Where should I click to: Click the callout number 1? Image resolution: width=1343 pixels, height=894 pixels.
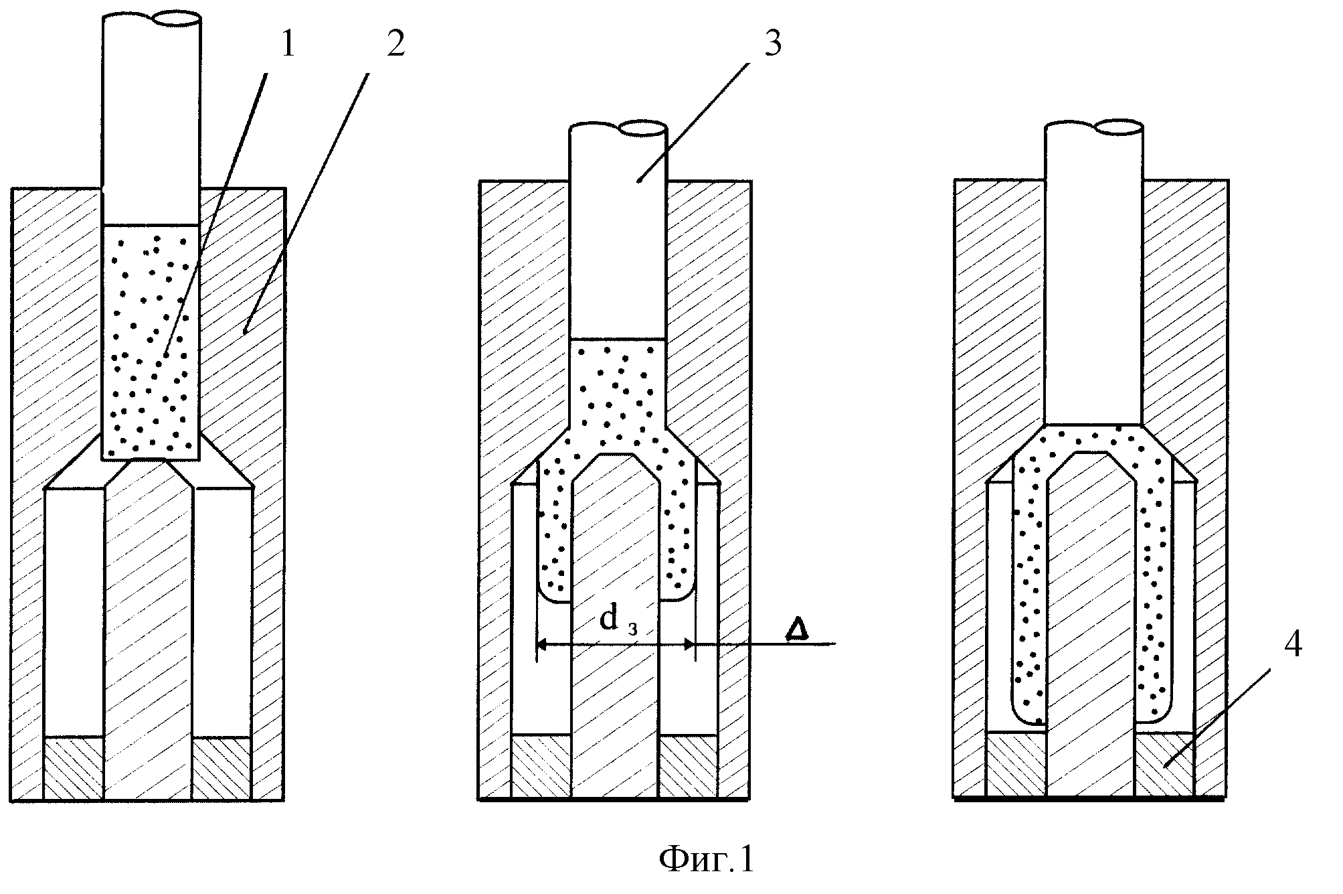pyautogui.click(x=287, y=46)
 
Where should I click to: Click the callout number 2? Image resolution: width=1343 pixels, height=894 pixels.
pyautogui.click(x=395, y=45)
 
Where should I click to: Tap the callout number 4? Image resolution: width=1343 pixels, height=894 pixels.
pyautogui.click(x=1292, y=645)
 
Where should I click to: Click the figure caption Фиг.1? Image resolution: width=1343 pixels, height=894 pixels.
pyautogui.click(x=707, y=859)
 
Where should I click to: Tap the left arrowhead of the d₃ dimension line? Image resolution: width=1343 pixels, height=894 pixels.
pyautogui.click(x=542, y=645)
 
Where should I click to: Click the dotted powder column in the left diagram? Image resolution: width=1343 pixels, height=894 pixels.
pyautogui.click(x=150, y=342)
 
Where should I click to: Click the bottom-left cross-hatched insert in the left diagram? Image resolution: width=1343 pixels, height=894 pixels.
pyautogui.click(x=74, y=768)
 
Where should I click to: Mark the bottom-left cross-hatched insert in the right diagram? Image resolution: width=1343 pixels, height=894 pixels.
pyautogui.click(x=1016, y=765)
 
